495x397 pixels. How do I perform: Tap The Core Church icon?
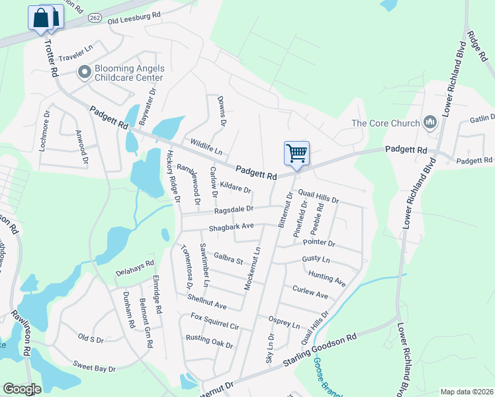click(x=430, y=122)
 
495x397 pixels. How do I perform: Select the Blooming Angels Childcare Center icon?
click(x=84, y=71)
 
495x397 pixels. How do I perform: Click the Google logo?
click(x=22, y=388)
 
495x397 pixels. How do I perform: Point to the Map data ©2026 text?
click(x=467, y=392)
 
